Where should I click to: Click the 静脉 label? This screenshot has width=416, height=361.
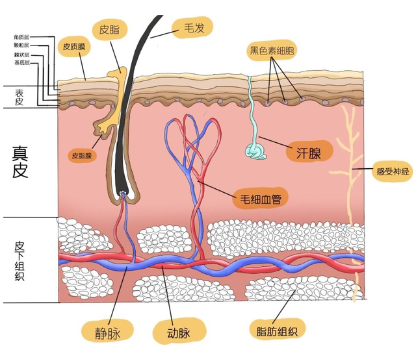pyautogui.click(x=107, y=332)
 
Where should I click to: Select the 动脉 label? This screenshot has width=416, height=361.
pyautogui.click(x=174, y=333)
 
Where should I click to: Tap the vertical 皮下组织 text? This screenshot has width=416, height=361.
pyautogui.click(x=19, y=259)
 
